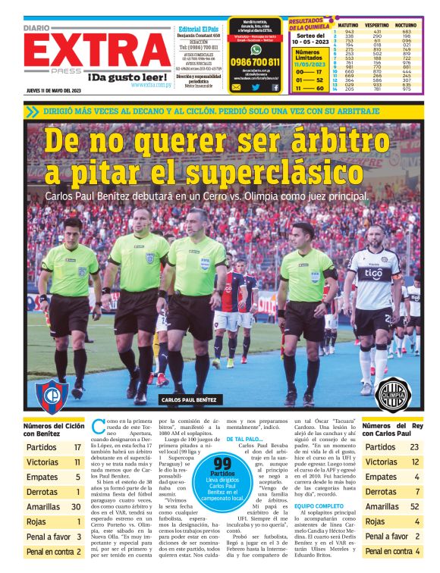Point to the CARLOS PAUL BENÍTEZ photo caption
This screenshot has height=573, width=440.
click(190, 399)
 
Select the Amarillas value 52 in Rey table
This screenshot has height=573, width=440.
click(414, 506)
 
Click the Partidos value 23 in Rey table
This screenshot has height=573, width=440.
click(414, 447)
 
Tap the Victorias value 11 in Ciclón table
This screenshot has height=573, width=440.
click(77, 462)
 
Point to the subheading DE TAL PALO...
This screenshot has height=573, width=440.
click(244, 439)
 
